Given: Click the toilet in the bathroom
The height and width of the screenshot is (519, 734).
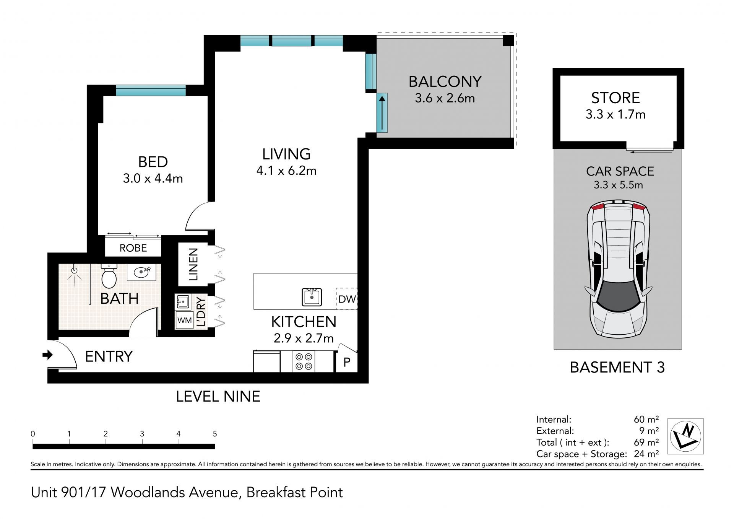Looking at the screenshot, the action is click(x=109, y=275).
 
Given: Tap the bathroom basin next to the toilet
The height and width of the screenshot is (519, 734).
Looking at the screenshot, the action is click(x=144, y=272).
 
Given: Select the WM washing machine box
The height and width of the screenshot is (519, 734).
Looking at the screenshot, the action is click(x=185, y=321).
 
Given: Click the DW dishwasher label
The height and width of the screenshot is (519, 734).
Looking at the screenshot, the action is click(x=347, y=299).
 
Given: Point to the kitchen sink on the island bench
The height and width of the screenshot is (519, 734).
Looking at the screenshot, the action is click(x=312, y=297).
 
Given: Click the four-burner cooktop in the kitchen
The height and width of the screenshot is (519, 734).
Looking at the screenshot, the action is click(x=304, y=361).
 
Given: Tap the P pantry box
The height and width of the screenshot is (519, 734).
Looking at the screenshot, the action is click(x=347, y=362).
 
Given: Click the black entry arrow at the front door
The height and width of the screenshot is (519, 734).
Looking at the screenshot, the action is click(x=47, y=355).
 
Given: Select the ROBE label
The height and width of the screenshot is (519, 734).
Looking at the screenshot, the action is click(x=133, y=248).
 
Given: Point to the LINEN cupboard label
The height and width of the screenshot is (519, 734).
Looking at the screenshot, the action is click(x=194, y=264).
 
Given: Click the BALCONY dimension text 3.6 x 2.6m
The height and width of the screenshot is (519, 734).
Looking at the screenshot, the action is click(x=445, y=98).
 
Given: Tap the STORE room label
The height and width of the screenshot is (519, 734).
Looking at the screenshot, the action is click(x=615, y=98).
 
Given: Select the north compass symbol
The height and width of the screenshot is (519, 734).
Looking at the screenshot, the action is click(x=685, y=436).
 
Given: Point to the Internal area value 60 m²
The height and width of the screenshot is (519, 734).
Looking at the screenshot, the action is click(x=646, y=419).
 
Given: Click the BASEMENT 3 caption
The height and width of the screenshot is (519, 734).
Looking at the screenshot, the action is click(x=617, y=367).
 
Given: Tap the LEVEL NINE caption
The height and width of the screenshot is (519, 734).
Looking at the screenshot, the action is click(x=218, y=396).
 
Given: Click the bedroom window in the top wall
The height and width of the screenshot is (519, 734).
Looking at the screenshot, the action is click(x=151, y=90).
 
